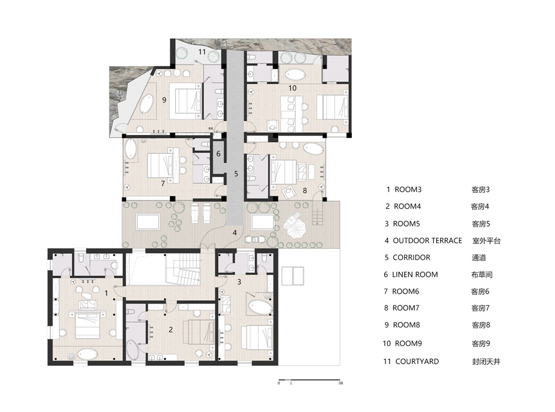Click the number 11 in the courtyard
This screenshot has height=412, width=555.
pos(202,52)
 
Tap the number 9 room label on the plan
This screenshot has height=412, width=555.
pos(164,100)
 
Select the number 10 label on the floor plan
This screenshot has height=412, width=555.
pos(292,88)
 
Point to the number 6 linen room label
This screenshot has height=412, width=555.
pos(218,154)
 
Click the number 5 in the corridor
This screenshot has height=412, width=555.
pos(236,174)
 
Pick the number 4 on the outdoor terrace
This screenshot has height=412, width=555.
pos(235,233)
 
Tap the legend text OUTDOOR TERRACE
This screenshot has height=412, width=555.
pos(427,240)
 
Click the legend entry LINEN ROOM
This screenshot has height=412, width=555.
pos(415,274)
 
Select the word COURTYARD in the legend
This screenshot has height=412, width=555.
pos(417,361)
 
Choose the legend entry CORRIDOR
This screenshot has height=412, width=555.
pos(412,258)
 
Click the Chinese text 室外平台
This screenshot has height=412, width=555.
pos(486,241)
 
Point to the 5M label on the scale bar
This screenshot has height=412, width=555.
pos(341,383)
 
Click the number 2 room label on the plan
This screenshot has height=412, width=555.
pos(170,329)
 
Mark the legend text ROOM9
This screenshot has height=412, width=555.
pos(408,343)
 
